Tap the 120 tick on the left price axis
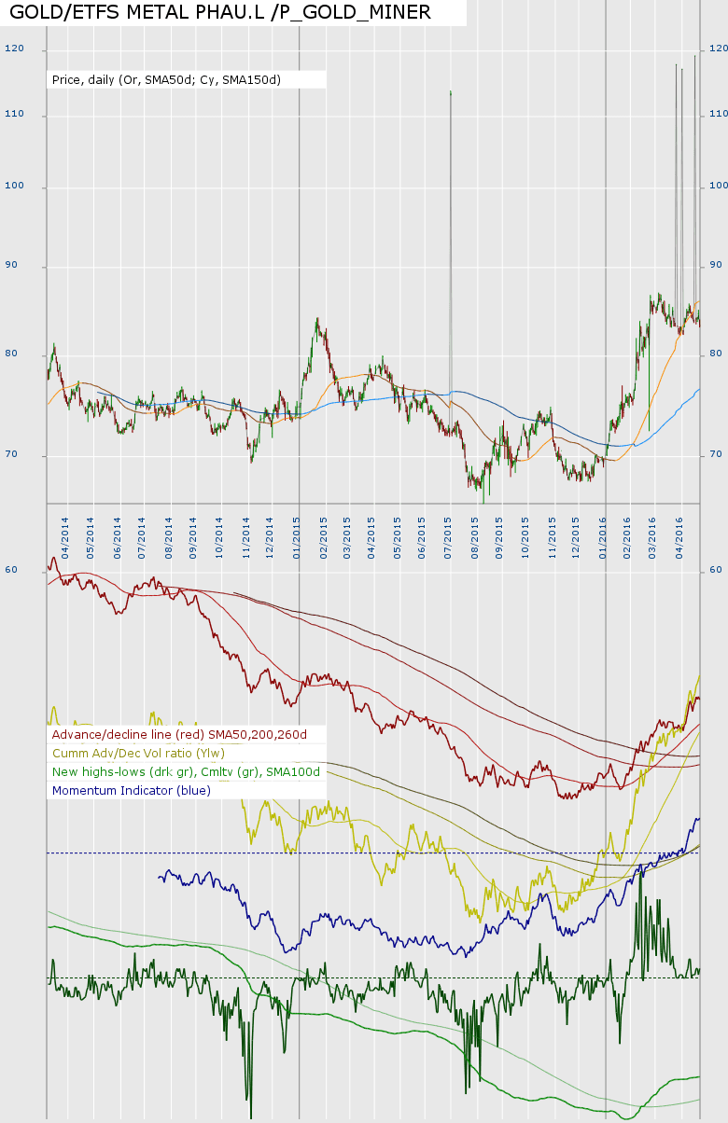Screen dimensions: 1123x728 (14, 49)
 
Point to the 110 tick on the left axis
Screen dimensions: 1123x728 (14, 115)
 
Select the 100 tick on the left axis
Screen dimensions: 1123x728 (14, 187)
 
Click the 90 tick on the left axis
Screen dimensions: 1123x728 (14, 267)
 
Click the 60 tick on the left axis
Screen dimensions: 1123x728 (12, 570)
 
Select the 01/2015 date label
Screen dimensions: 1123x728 (296, 533)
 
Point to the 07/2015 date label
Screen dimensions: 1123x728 (449, 533)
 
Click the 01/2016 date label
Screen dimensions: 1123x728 (603, 533)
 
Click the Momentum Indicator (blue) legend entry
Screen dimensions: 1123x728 (132, 791)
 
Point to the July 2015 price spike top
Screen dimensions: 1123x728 (451, 92)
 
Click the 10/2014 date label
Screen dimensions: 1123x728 (219, 533)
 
